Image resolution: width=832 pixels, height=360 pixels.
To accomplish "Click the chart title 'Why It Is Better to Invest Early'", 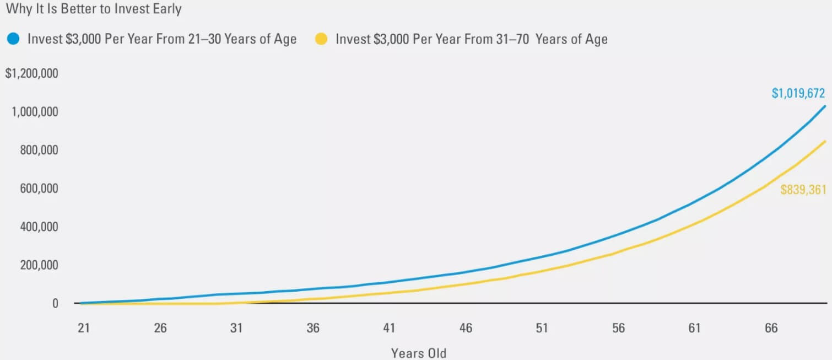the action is pos(94,9).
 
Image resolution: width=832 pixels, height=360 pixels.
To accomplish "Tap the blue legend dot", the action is pos(13,39).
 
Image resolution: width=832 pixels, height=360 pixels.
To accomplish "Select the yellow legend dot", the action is pos(321,39).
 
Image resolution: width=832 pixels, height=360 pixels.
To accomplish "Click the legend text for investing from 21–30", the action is pos(162,39).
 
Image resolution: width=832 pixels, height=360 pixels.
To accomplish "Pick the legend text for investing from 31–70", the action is pos(472,39).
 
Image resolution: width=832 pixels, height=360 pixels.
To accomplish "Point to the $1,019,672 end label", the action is pos(798,93).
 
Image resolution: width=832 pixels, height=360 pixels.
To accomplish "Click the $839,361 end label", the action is pos(803,190).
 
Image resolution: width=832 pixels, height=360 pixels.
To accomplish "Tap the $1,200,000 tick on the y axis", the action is pos(31,73).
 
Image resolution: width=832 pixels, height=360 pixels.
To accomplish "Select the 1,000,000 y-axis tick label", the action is pos(35,112).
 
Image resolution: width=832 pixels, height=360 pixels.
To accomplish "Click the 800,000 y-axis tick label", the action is pos(39,150).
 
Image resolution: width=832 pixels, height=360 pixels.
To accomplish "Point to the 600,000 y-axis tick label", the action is pos(39,189).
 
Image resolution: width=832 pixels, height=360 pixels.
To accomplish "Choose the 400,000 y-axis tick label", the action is pos(39,227).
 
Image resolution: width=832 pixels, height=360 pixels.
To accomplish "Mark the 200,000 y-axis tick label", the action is pos(39,265).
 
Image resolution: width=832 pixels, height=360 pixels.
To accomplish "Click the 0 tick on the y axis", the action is pos(55,304).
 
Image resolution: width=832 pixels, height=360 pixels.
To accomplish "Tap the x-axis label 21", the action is pos(84,328).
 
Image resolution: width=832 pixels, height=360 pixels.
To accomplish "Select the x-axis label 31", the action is pos(236,328).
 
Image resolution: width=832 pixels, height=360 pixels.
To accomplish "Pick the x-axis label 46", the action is pos(466,328).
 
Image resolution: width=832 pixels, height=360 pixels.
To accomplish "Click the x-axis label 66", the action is pos(771,328).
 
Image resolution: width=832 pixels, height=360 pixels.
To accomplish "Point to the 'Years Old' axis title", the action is pos(419,353).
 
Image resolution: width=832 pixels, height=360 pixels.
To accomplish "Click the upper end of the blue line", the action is pos(825,106).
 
